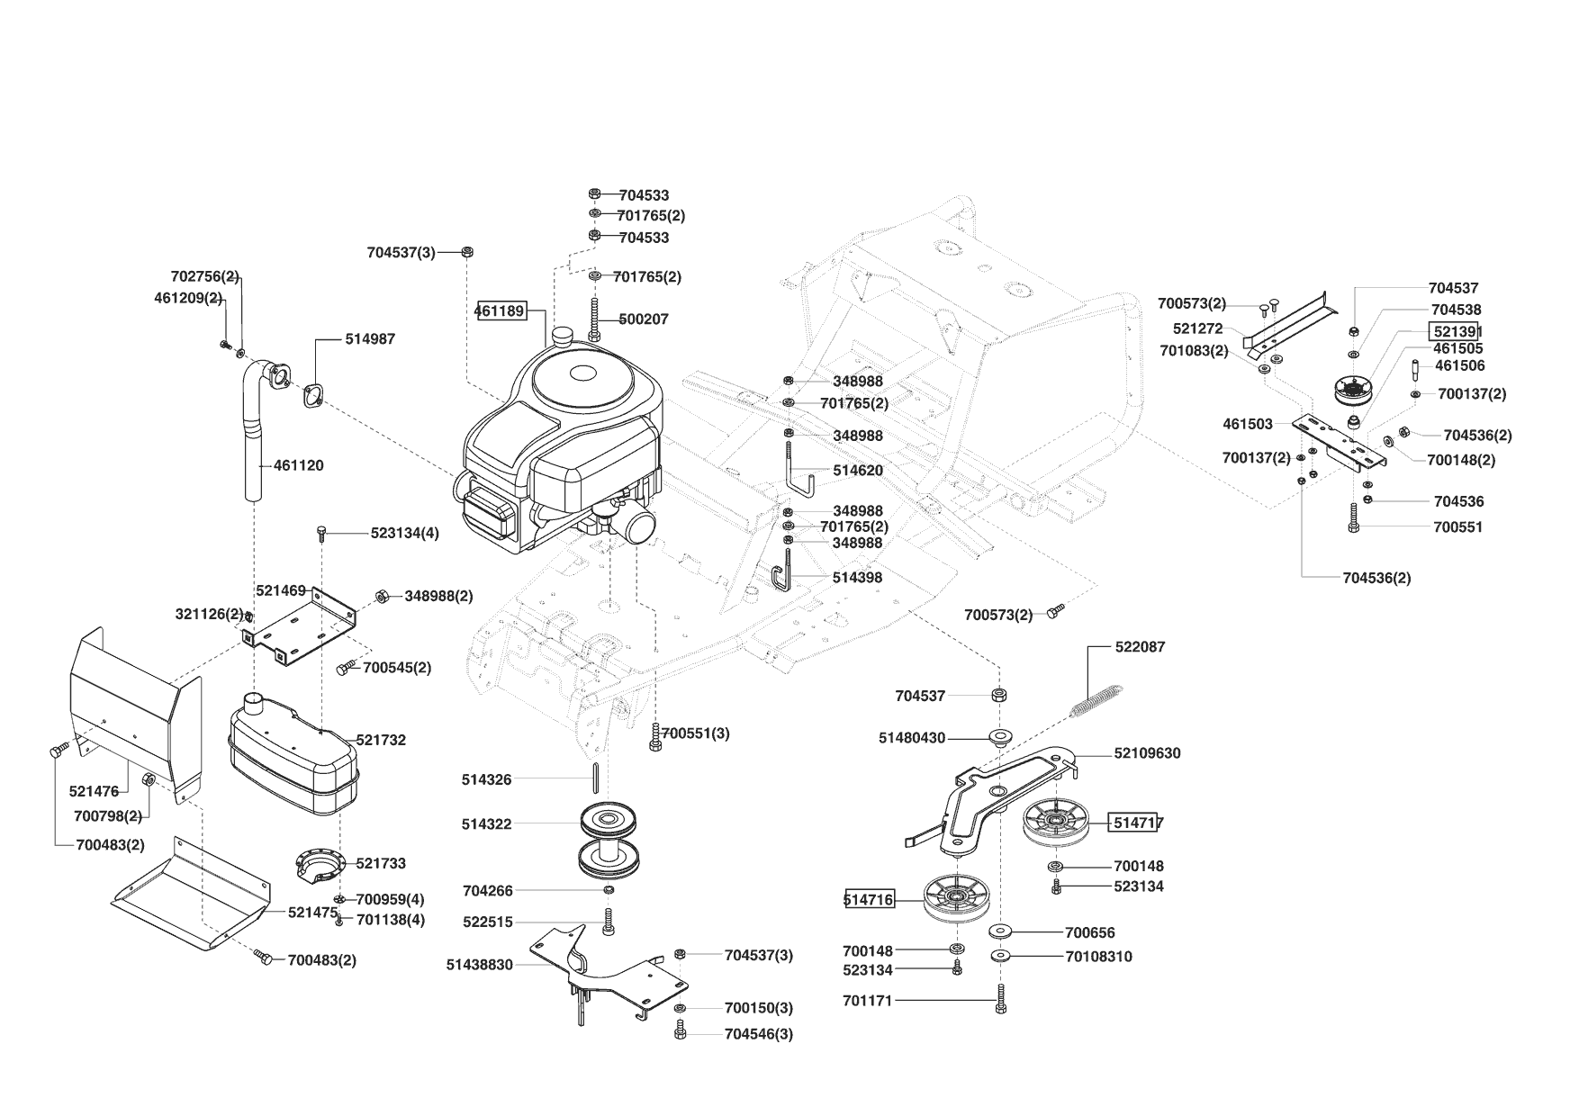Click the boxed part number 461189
tap(500, 311)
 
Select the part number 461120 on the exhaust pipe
tap(298, 465)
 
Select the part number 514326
tap(486, 779)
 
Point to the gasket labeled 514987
tap(314, 395)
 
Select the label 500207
tap(644, 319)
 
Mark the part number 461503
tap(1247, 424)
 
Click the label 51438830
tap(479, 965)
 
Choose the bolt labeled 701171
tap(1000, 999)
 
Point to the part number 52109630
tap(1147, 753)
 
